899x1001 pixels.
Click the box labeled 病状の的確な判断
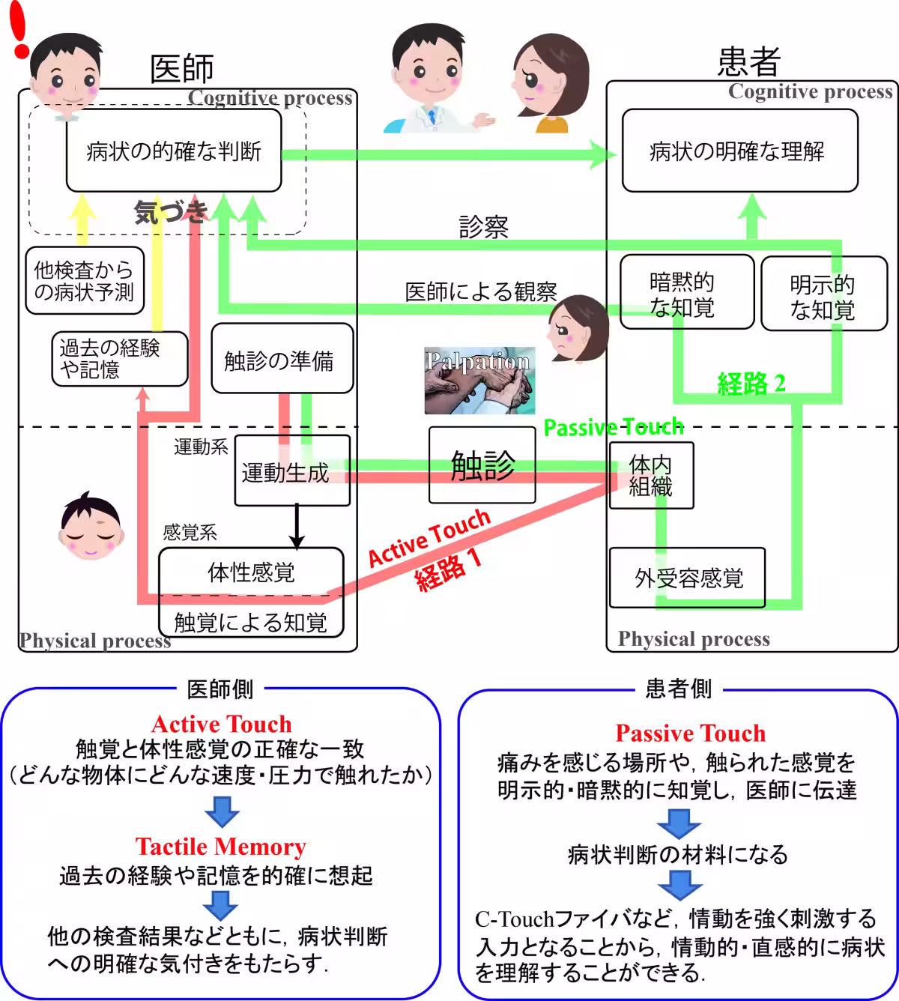[173, 152]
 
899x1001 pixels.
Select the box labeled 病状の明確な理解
[739, 151]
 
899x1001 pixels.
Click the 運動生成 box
[291, 471]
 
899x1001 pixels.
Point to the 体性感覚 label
[251, 572]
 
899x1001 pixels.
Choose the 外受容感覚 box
[687, 578]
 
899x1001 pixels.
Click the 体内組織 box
[650, 476]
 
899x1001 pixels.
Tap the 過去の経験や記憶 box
[118, 359]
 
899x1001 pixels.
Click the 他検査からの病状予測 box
[84, 280]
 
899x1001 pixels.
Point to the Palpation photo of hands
[479, 381]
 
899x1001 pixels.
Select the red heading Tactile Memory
[220, 847]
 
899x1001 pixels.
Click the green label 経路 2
[751, 384]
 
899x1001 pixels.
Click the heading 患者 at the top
[748, 61]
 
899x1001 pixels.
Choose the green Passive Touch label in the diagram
[613, 427]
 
